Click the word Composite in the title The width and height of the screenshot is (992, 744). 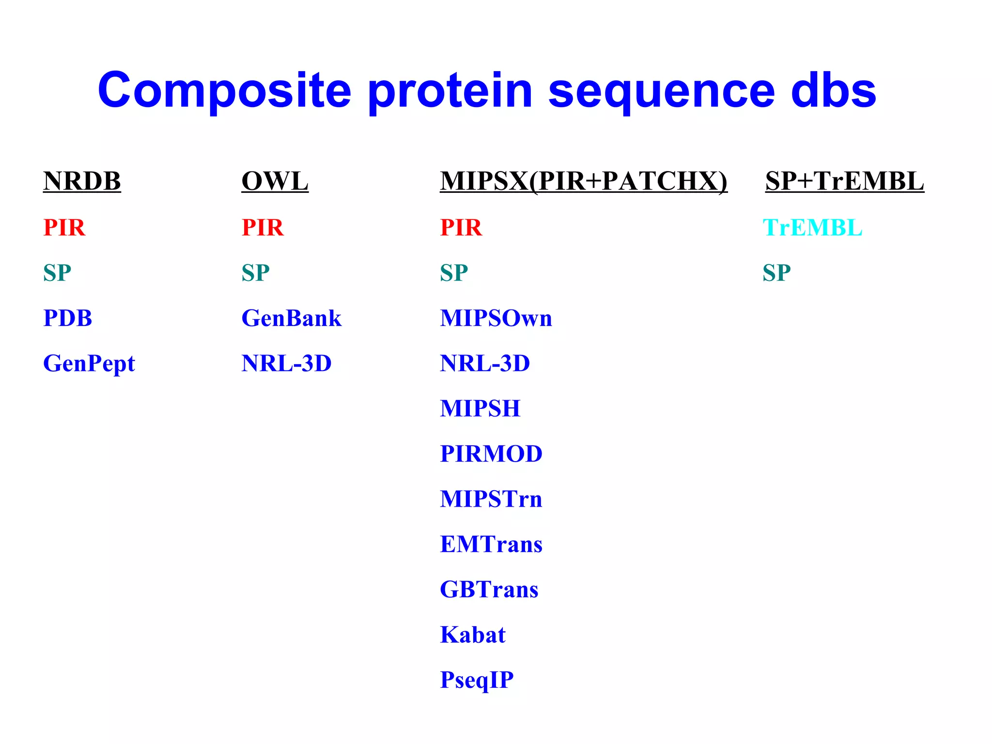(x=224, y=91)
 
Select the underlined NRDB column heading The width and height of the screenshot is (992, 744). (x=82, y=181)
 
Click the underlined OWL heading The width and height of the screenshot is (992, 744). (x=275, y=181)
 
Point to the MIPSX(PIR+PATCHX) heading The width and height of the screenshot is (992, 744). (x=583, y=181)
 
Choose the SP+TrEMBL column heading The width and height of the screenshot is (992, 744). (x=844, y=181)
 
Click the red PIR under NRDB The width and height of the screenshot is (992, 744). (x=64, y=227)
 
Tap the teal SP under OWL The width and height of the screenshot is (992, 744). (x=255, y=273)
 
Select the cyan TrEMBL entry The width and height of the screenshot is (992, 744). (x=812, y=227)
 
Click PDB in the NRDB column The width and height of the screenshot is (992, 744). (x=67, y=318)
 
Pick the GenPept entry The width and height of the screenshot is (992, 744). (x=89, y=364)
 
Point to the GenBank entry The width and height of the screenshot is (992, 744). (x=291, y=318)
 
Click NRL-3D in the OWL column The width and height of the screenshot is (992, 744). (x=286, y=363)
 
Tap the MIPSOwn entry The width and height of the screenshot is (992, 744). (x=496, y=318)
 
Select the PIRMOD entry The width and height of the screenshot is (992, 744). (x=491, y=454)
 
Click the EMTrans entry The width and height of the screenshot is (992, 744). (x=491, y=544)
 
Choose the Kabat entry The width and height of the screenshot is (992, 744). (x=472, y=635)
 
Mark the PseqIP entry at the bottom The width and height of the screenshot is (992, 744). (x=476, y=680)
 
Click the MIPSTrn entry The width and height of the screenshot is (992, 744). (x=491, y=499)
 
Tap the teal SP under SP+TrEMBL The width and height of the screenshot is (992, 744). (x=776, y=273)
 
